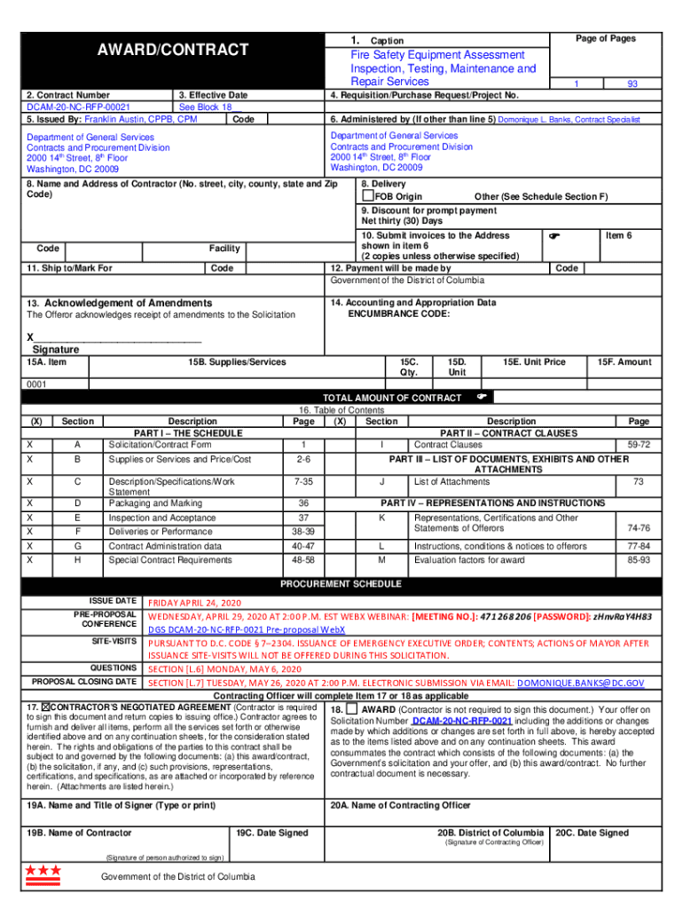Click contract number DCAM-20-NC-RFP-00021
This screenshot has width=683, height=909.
pos(75,107)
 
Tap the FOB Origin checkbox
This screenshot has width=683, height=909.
pos(367,196)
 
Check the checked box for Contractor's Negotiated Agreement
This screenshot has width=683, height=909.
pos(48,707)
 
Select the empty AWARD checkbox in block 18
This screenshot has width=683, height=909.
pos(353,709)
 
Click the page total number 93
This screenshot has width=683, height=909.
pos(632,83)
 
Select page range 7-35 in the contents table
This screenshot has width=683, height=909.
pos(302,482)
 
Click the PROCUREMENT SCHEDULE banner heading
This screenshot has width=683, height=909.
pos(341,585)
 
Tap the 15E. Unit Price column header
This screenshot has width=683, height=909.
pos(534,361)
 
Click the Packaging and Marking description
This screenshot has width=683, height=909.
pos(154,503)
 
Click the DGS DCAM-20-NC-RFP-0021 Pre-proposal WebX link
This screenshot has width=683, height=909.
pos(247,630)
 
